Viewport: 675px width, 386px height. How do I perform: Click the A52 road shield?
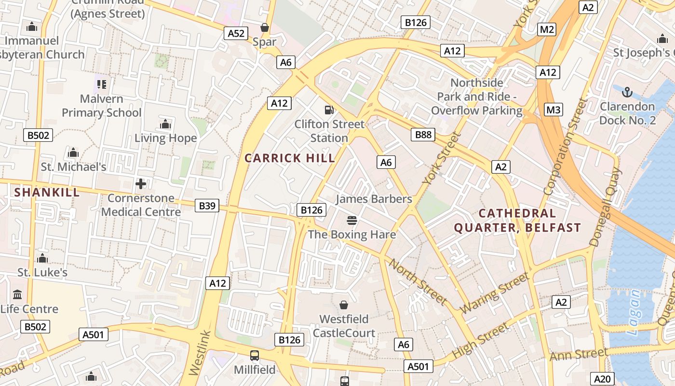point(236,33)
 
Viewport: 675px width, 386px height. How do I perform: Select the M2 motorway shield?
point(547,29)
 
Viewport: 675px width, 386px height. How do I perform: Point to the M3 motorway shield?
point(553,110)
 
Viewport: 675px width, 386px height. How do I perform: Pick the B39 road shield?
point(207,206)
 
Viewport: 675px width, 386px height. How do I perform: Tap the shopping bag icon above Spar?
point(264,28)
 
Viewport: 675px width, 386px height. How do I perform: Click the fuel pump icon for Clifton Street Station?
point(329,110)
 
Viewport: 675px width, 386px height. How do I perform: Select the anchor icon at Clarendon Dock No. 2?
point(627,92)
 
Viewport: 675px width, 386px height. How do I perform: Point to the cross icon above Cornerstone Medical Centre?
point(141,184)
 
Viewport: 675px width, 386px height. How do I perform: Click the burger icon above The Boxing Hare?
point(352,221)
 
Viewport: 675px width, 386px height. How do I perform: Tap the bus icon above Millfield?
point(254,356)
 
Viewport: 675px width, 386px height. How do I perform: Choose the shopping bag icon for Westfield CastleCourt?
point(344,305)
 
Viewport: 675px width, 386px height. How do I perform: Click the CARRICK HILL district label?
point(289,158)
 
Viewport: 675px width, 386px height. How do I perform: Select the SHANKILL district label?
point(47,193)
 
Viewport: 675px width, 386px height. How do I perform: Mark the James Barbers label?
point(374,199)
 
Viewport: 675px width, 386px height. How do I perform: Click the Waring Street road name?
point(495,293)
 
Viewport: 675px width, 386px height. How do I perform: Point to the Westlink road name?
point(201,352)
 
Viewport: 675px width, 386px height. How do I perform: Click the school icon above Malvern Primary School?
point(101,84)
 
